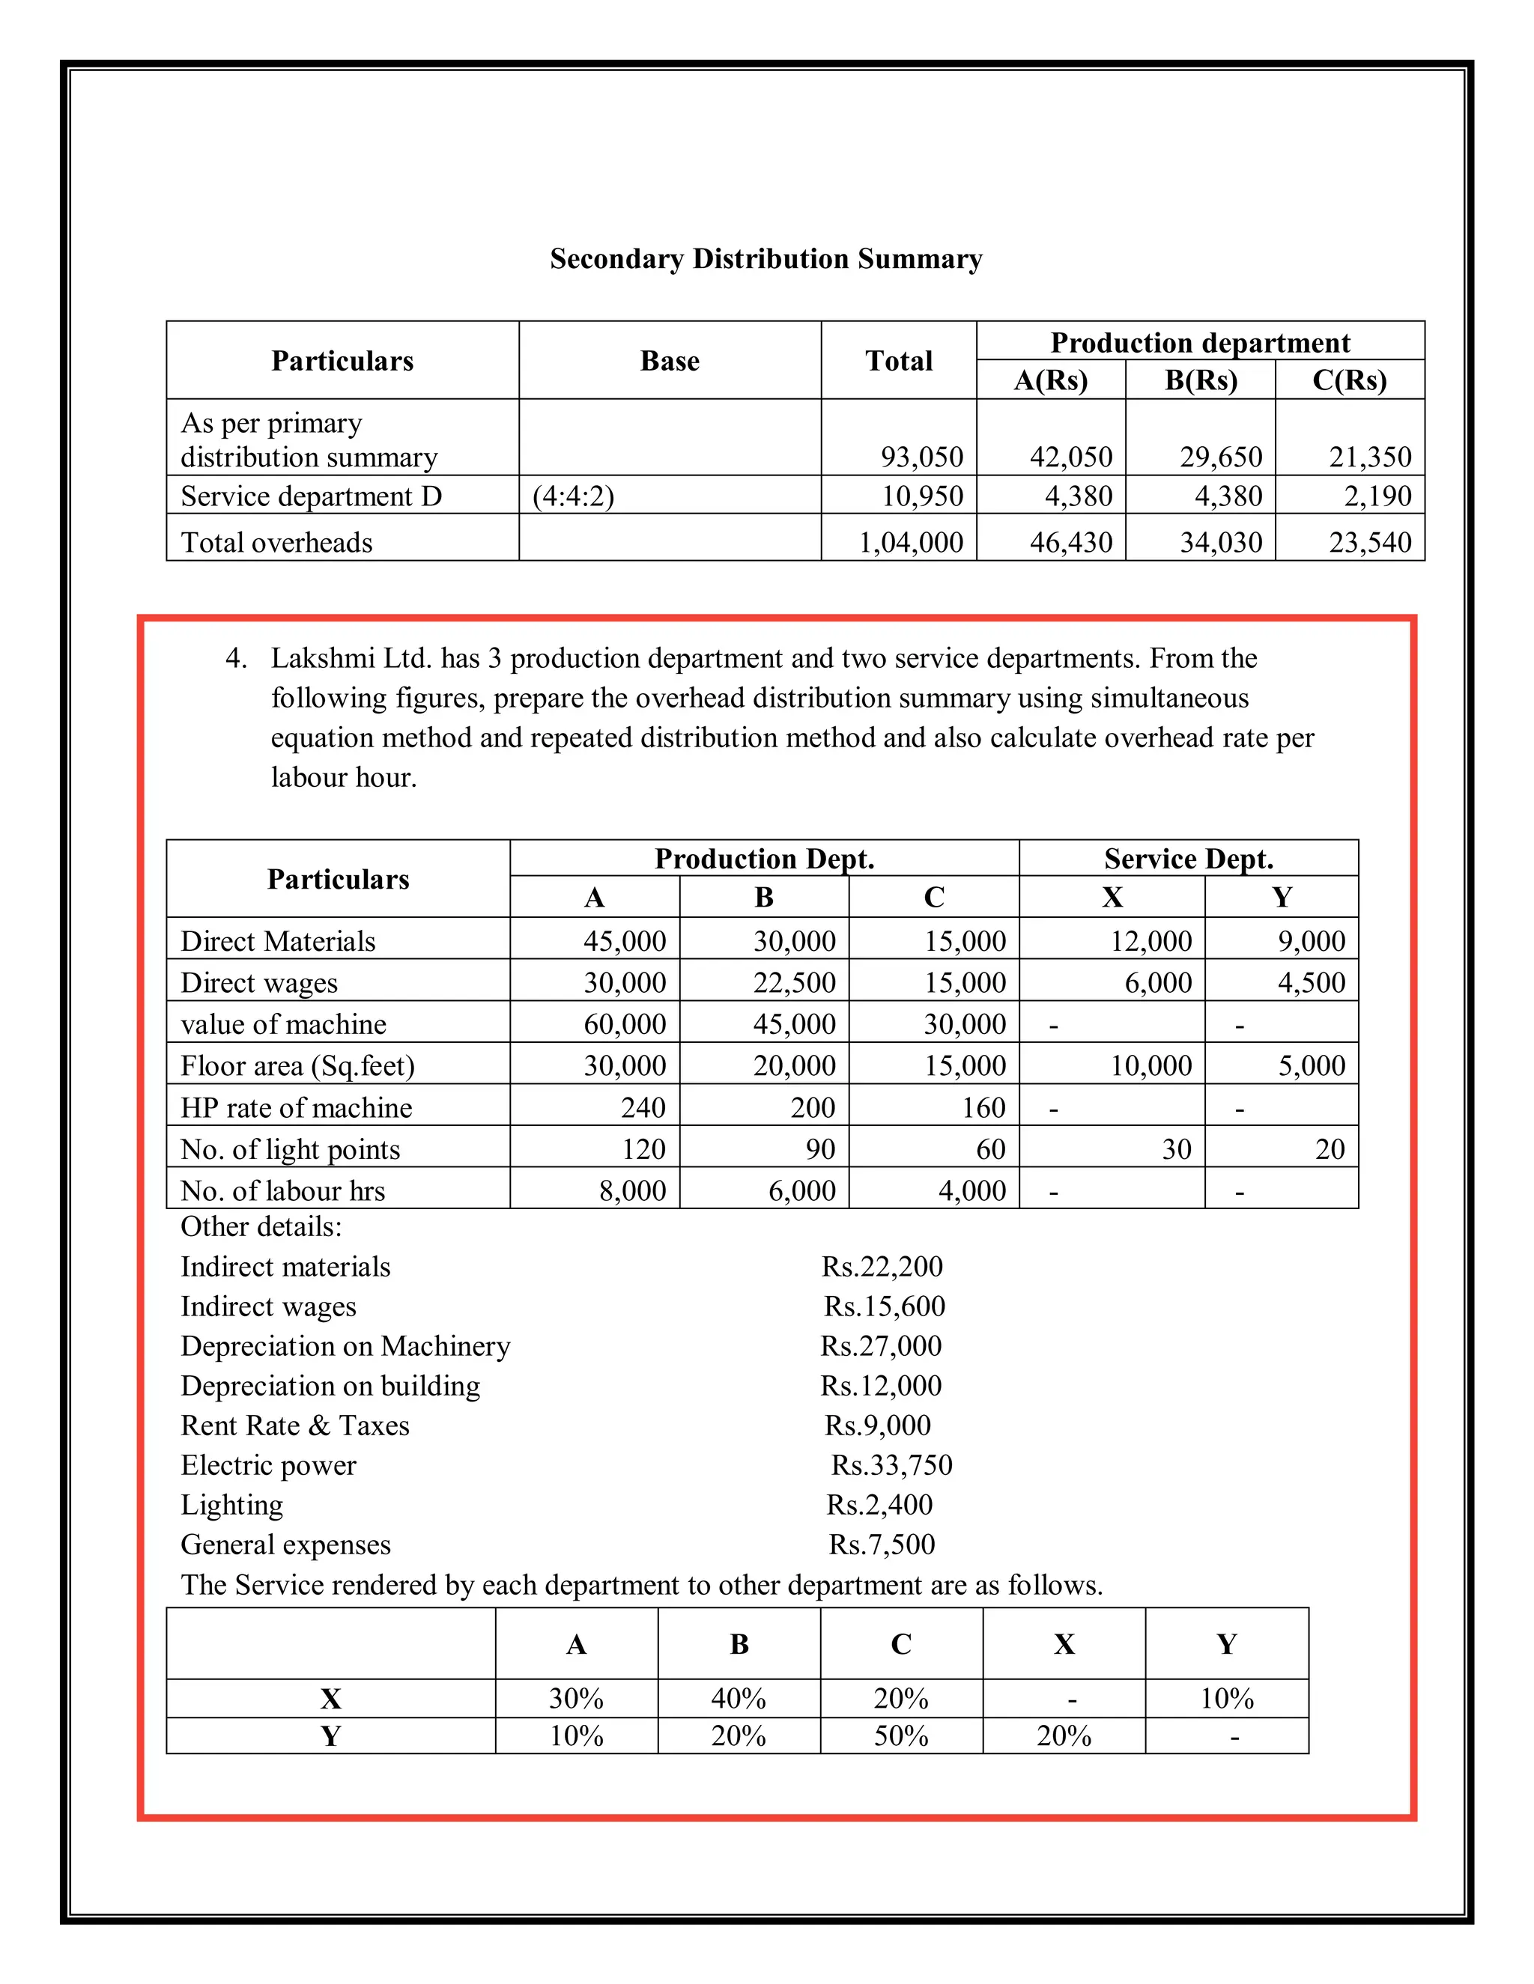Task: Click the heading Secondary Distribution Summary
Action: pyautogui.click(x=766, y=259)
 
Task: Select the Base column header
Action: pyautogui.click(x=670, y=361)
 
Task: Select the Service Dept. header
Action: pyautogui.click(x=1188, y=859)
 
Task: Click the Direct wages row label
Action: pyautogui.click(x=259, y=982)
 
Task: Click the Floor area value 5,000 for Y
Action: pyautogui.click(x=1311, y=1065)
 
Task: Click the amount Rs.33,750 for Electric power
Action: pyautogui.click(x=891, y=1465)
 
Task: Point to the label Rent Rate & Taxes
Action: pyautogui.click(x=294, y=1425)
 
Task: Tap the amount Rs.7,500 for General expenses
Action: pyautogui.click(x=881, y=1545)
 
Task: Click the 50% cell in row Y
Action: pyautogui.click(x=900, y=1736)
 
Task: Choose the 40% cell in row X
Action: pyautogui.click(x=738, y=1698)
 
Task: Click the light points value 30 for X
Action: pyautogui.click(x=1176, y=1149)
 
